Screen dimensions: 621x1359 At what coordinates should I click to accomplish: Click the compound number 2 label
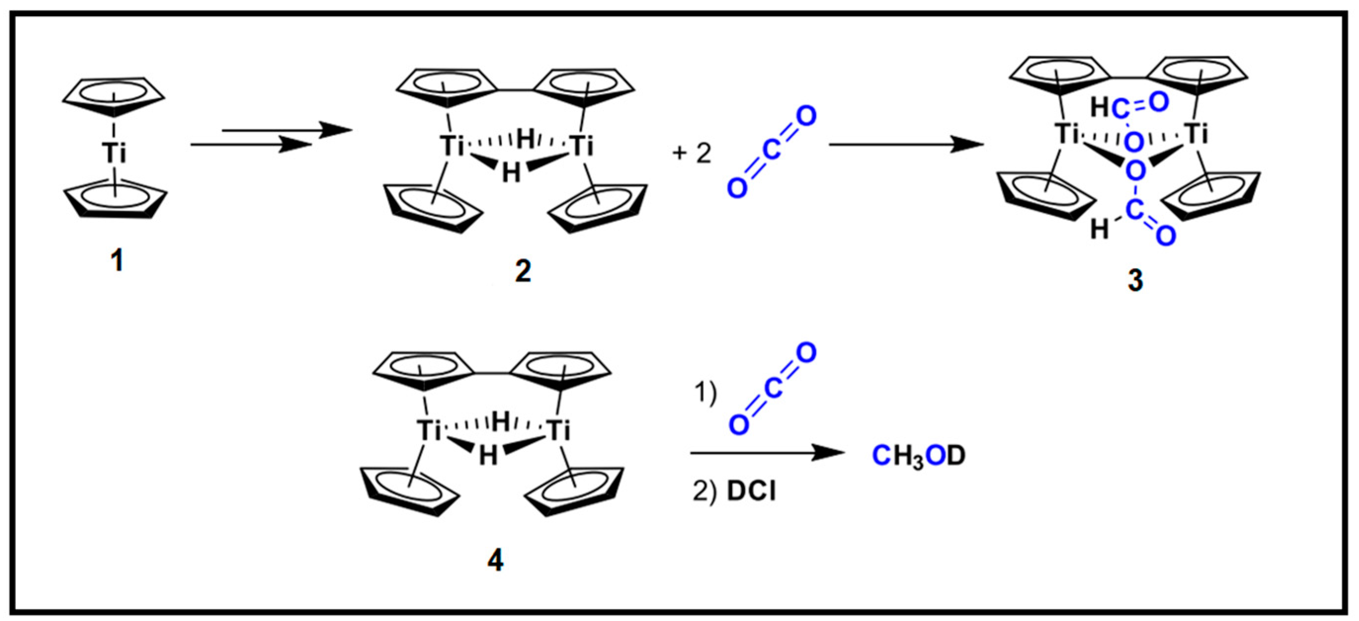[523, 272]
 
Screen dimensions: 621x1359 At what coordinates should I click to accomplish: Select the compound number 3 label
[1135, 280]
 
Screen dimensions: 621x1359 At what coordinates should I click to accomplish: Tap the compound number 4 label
[495, 560]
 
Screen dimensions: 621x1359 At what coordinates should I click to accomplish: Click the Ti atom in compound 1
[115, 153]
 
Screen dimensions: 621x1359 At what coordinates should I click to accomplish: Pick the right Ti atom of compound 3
[1196, 134]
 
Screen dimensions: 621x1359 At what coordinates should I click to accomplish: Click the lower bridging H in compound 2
[511, 172]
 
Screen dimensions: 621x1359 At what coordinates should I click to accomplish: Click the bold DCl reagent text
[751, 492]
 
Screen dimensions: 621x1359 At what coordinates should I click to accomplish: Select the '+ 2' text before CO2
[691, 154]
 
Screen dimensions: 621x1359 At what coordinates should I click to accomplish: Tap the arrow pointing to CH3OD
[768, 452]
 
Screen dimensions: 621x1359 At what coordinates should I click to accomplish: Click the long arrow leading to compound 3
[906, 144]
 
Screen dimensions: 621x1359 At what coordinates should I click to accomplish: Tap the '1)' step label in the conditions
[705, 393]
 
